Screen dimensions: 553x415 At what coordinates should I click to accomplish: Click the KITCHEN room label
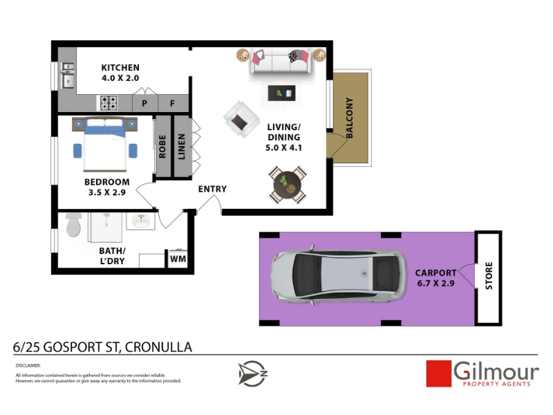(120, 67)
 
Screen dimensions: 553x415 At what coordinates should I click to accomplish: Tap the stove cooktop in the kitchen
(109, 103)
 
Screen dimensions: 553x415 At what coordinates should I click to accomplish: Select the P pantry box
(144, 103)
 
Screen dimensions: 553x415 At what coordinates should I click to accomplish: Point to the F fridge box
(173, 103)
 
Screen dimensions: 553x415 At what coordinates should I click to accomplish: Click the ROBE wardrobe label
(162, 147)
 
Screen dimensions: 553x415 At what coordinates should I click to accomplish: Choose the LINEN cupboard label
(182, 147)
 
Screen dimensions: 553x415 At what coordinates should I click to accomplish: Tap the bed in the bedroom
(105, 145)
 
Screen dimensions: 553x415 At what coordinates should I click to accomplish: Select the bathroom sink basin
(141, 221)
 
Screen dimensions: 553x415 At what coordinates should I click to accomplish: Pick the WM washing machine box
(178, 259)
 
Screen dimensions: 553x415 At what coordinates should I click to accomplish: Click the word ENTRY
(212, 189)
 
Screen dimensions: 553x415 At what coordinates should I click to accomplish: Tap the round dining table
(288, 185)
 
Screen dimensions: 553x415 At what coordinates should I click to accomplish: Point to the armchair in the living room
(241, 119)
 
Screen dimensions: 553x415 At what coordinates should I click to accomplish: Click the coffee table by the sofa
(281, 93)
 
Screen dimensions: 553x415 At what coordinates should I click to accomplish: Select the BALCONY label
(349, 118)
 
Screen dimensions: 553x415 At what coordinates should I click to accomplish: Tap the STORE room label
(489, 275)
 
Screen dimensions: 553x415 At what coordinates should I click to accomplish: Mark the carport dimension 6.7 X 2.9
(436, 284)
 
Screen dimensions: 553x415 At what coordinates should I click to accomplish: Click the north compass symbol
(252, 373)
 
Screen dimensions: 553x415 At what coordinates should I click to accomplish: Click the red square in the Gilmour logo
(439, 373)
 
